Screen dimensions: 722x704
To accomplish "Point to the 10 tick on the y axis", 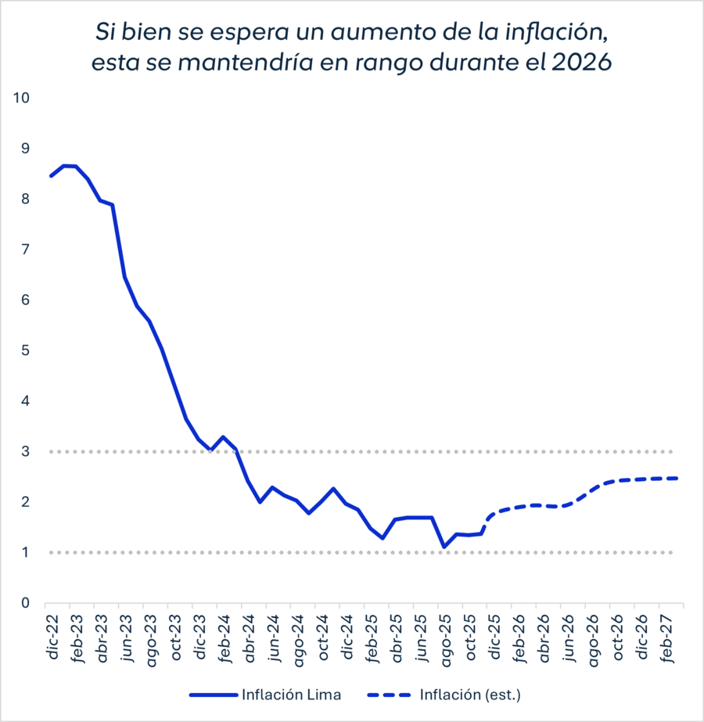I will point(21,98).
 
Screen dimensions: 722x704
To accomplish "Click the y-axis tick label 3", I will point(25,451).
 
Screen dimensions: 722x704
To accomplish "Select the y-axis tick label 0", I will point(25,603).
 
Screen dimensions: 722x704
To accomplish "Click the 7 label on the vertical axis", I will point(25,250).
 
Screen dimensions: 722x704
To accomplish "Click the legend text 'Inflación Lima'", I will point(291,694).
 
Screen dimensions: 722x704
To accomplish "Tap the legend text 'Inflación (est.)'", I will point(470,694).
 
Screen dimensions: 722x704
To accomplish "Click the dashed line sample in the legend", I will point(388,694).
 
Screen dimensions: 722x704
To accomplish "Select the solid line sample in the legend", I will point(211,694).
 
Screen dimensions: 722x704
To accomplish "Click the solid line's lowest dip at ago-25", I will point(444,547).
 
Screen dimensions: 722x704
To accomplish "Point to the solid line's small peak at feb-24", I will point(223,437).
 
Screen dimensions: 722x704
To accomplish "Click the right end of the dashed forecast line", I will point(676,478).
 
